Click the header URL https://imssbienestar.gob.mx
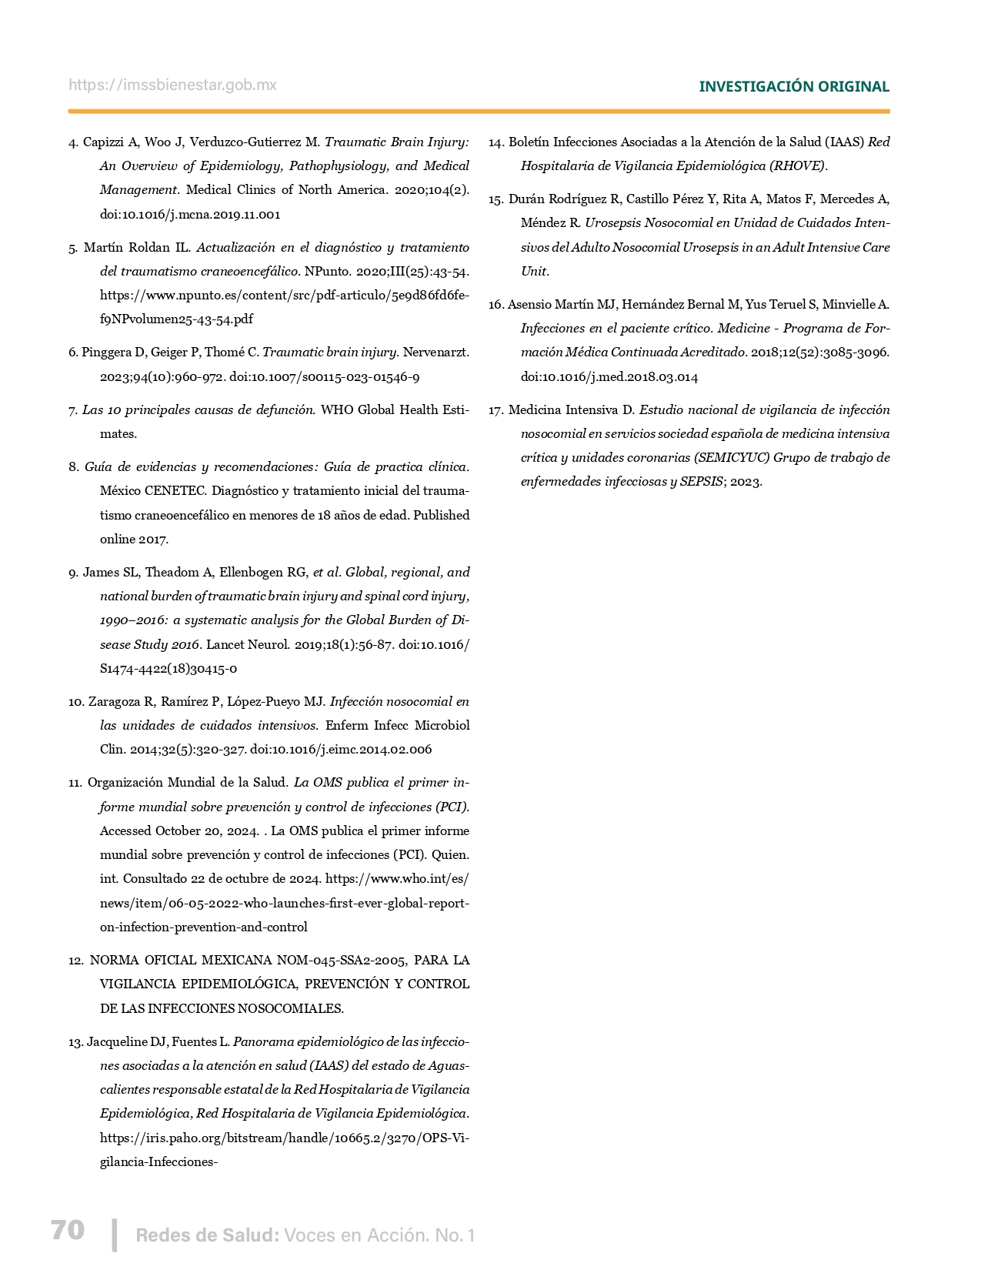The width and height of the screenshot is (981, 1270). pos(172,85)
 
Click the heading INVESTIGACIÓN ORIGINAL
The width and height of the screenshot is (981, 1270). pos(793,87)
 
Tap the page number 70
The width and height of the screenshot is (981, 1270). pos(68,1230)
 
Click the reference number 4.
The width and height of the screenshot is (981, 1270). pos(73,142)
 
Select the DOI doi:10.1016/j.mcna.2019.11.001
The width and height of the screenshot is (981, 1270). pos(190,215)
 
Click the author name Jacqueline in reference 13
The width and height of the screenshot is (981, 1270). pos(117,1042)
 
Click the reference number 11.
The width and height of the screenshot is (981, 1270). pos(75,783)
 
